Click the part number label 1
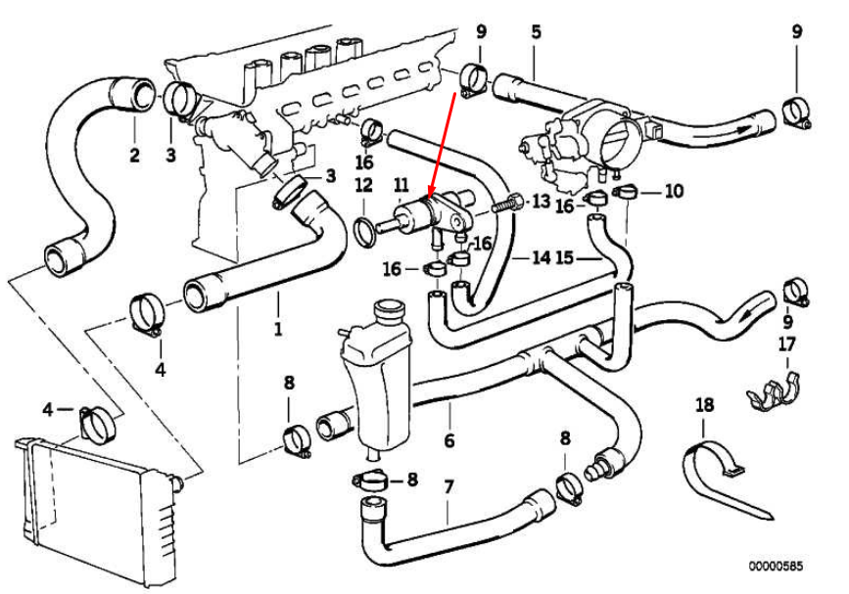coord(277,329)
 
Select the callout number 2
coord(134,155)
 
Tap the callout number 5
coord(536,31)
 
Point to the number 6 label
coord(448,440)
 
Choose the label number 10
coord(673,192)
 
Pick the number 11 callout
coord(401,185)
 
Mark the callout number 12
coord(362,185)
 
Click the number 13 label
coord(542,202)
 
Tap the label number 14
coord(541,258)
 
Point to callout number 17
coord(787,344)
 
